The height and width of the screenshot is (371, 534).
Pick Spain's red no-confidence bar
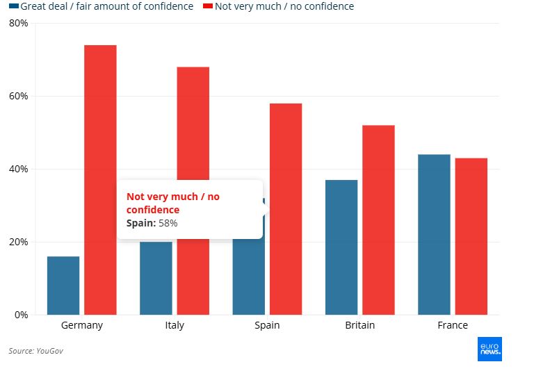pyautogui.click(x=286, y=208)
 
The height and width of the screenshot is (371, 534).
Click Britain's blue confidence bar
pyautogui.click(x=341, y=247)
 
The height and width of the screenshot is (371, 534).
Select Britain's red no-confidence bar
pyautogui.click(x=378, y=220)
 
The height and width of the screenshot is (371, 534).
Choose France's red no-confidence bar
pyautogui.click(x=471, y=236)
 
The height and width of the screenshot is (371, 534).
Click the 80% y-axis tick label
pyautogui.click(x=19, y=23)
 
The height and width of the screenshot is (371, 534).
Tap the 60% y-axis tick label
pyautogui.click(x=19, y=96)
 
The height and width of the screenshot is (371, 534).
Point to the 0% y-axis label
pyautogui.click(x=22, y=315)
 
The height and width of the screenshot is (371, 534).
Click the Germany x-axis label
pyautogui.click(x=82, y=325)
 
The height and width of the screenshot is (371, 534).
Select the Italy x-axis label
pyautogui.click(x=175, y=325)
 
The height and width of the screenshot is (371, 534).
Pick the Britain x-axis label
pyautogui.click(x=359, y=325)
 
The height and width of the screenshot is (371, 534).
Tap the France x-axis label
pyautogui.click(x=453, y=325)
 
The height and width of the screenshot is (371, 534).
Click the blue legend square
pyautogui.click(x=13, y=7)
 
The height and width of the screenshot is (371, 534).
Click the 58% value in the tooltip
pyautogui.click(x=168, y=223)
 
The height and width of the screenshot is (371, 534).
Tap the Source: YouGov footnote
pyautogui.click(x=35, y=351)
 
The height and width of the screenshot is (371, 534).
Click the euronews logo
pyautogui.click(x=489, y=349)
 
